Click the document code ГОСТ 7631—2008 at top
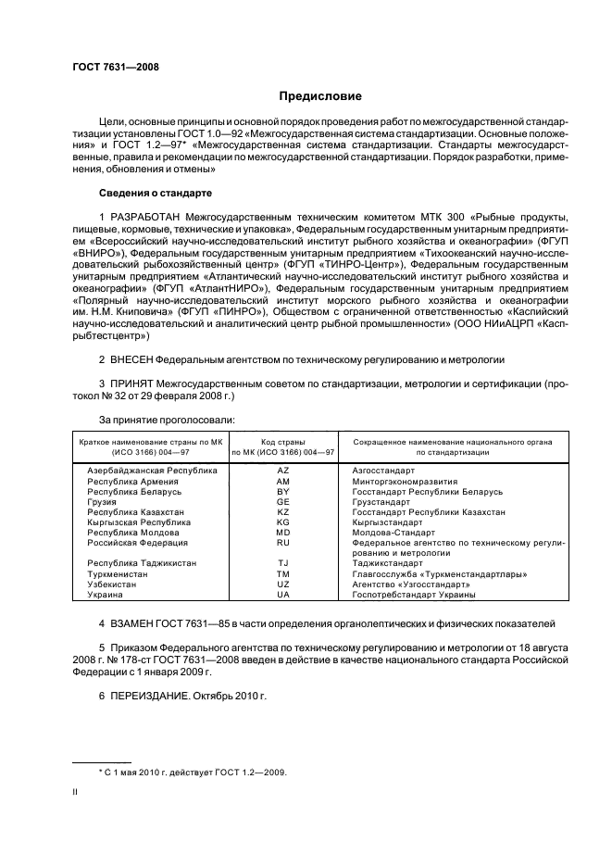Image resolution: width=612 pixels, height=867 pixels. point(115,66)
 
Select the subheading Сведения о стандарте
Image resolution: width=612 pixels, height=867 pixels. point(156,193)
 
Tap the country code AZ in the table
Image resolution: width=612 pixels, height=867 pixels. point(283,471)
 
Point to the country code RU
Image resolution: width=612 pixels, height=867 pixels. point(283,543)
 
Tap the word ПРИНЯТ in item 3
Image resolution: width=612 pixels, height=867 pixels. point(131,383)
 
